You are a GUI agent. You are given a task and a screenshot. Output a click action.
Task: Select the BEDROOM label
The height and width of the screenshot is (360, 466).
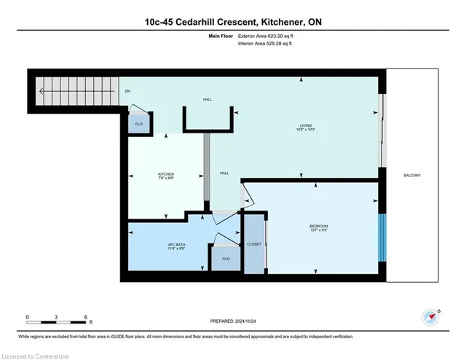[x=317, y=225]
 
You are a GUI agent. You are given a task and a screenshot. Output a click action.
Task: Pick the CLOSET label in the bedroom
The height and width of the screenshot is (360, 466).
[x=254, y=244]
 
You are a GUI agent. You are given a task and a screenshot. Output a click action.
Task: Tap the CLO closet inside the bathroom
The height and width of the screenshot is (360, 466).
[x=226, y=259]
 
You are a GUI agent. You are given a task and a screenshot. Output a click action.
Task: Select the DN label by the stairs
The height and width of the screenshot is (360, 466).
[x=127, y=91]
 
